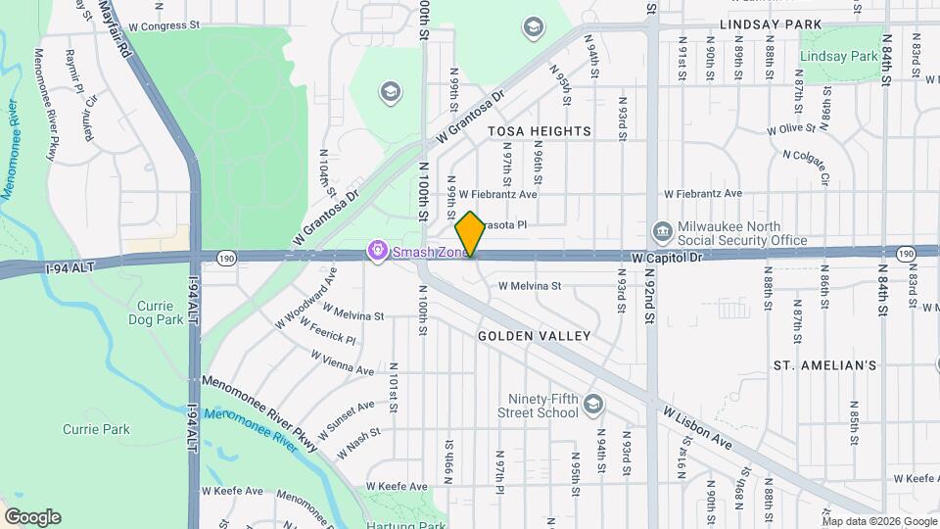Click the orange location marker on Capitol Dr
tap(471, 234)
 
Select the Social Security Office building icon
tap(662, 231)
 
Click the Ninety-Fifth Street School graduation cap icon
tap(592, 404)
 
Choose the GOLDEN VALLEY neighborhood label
tap(535, 336)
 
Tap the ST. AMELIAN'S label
tap(824, 365)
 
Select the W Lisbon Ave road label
tap(697, 427)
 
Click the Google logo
tap(32, 517)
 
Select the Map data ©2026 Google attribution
tap(880, 521)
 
